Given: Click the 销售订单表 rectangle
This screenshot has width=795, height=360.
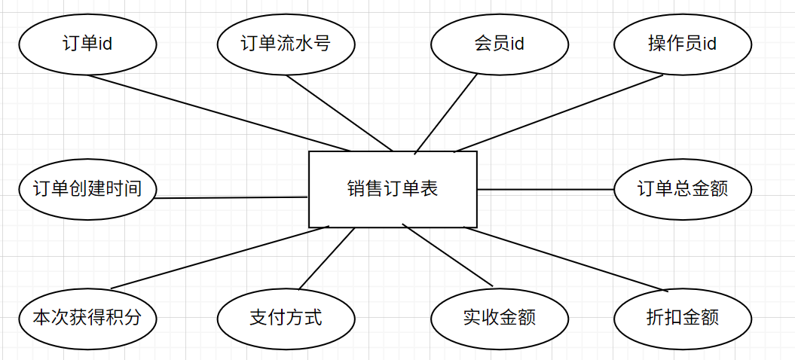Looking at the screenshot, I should point(393,189).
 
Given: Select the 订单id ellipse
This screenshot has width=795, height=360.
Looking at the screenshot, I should point(87,44).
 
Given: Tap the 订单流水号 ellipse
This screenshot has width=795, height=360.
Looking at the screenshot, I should point(286,44).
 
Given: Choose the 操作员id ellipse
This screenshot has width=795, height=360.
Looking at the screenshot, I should point(682,44).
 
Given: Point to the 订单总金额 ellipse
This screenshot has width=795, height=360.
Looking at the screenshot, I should point(682,188).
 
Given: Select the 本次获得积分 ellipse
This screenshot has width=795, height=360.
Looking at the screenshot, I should point(87,317).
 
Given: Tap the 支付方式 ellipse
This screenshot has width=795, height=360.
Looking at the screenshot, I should point(286,317).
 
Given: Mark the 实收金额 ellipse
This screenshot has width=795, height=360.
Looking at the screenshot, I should point(499,317).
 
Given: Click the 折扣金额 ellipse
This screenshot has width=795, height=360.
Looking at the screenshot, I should point(682,317).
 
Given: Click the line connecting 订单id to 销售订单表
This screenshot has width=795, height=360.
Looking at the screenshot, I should point(219,112).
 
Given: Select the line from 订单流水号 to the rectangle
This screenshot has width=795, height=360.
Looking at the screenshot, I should point(339,112).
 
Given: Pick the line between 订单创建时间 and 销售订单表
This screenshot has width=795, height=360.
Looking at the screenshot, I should point(230,198).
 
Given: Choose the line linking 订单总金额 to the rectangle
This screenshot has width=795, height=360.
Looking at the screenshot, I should point(546,190).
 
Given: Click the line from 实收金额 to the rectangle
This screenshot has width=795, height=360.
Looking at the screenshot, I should point(448,256).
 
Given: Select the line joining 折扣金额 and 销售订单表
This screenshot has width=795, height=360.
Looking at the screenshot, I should point(565,258).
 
